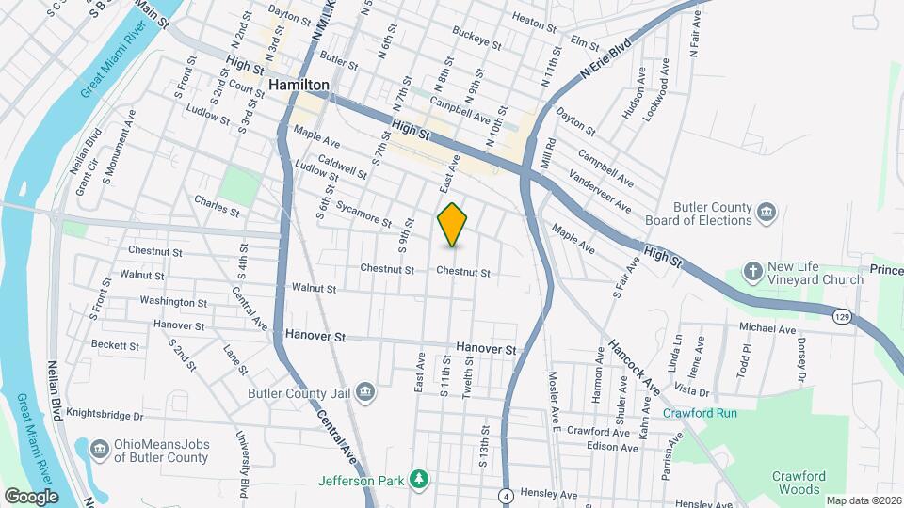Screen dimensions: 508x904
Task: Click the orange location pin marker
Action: click(x=453, y=225)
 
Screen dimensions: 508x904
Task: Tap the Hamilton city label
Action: click(x=299, y=85)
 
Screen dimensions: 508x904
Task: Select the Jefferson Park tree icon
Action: click(x=418, y=481)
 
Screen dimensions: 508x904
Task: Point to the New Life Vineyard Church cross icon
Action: click(x=752, y=272)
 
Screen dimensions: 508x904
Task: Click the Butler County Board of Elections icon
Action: click(x=767, y=214)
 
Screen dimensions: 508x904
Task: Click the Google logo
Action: click(x=31, y=496)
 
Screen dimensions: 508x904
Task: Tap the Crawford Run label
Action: click(x=700, y=413)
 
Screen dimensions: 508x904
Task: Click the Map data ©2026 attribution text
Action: click(x=863, y=500)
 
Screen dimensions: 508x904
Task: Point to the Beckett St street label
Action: click(x=116, y=345)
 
